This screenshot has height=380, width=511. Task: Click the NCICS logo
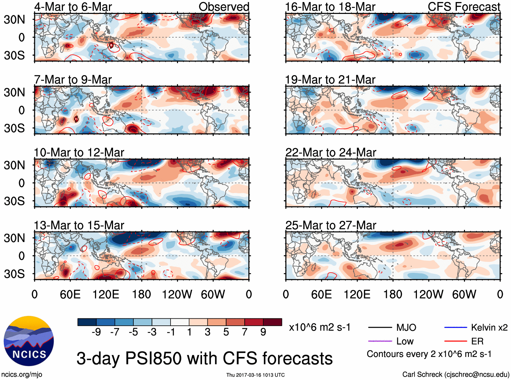pyautogui.click(x=29, y=341)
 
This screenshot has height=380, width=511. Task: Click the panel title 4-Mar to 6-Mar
pyautogui.click(x=73, y=7)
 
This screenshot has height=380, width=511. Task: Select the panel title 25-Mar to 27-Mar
pyautogui.click(x=331, y=225)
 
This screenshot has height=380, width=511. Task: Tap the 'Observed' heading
pyautogui.click(x=224, y=7)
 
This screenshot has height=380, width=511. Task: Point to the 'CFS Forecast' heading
pyautogui.click(x=464, y=7)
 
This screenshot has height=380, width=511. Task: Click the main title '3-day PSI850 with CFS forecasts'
pyautogui.click(x=204, y=358)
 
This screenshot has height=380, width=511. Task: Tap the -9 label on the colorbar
pyautogui.click(x=96, y=332)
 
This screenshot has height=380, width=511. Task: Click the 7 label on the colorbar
pyautogui.click(x=245, y=332)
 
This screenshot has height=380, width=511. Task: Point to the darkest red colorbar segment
pyautogui.click(x=272, y=322)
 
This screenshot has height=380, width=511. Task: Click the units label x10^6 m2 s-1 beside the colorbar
pyautogui.click(x=319, y=327)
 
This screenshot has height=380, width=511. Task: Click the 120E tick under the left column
pyautogui.click(x=106, y=294)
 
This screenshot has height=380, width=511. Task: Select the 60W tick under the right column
pyautogui.click(x=464, y=294)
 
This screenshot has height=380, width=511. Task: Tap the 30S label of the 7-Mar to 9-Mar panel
pyautogui.click(x=14, y=128)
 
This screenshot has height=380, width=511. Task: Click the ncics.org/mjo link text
pyautogui.click(x=22, y=375)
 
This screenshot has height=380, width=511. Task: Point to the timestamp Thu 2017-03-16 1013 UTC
pyautogui.click(x=255, y=375)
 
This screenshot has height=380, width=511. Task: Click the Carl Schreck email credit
pyautogui.click(x=456, y=375)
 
